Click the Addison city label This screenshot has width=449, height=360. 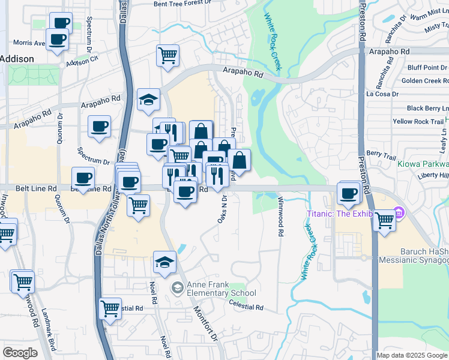[17, 59]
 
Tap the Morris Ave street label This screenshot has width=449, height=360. [29, 43]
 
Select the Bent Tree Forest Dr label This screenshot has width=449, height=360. [184, 4]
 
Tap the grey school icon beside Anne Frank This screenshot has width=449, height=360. [176, 289]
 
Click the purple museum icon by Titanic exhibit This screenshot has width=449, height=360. [398, 213]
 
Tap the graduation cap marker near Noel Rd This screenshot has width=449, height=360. [164, 262]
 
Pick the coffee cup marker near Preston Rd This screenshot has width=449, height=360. [348, 193]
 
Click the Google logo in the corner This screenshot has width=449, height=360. [20, 353]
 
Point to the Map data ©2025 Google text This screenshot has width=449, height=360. [412, 355]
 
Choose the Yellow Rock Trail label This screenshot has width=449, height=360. [418, 122]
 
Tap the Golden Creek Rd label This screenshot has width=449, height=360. [424, 80]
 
